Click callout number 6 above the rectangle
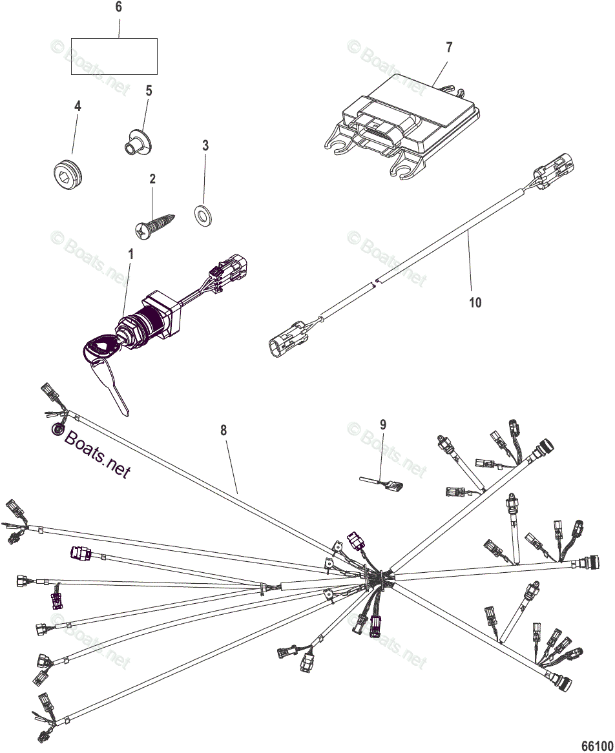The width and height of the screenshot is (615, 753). click(x=118, y=8)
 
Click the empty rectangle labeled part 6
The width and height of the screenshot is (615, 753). click(x=114, y=56)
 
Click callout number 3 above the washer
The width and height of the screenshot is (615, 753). click(x=205, y=146)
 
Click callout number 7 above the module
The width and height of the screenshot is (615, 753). click(x=449, y=47)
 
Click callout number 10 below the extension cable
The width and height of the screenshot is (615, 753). click(x=475, y=302)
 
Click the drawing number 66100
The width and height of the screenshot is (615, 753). click(x=595, y=745)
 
